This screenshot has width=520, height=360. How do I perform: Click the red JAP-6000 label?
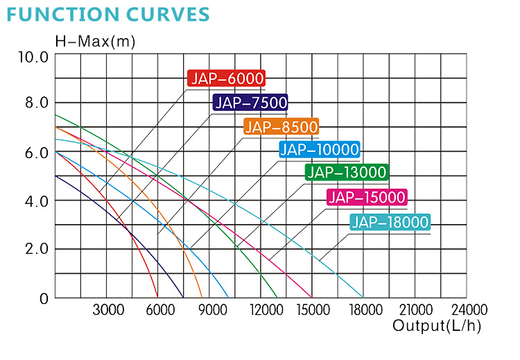226,78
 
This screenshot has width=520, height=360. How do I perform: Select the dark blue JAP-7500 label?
250,103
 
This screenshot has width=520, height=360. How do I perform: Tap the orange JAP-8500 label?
281,126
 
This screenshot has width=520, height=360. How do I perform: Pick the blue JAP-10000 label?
319,149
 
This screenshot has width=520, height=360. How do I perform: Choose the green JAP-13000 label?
347,173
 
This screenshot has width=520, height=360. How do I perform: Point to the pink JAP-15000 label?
367,198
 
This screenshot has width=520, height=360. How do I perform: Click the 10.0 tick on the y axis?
32,56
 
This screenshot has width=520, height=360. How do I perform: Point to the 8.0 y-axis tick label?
32,103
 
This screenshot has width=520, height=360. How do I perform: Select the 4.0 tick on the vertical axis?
32,202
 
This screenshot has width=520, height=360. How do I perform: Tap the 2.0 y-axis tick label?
32,250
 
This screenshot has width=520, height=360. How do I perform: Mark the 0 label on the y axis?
44,299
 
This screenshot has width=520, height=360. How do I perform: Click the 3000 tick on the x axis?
108,310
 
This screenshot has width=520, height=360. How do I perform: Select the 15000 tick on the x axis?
313,310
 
